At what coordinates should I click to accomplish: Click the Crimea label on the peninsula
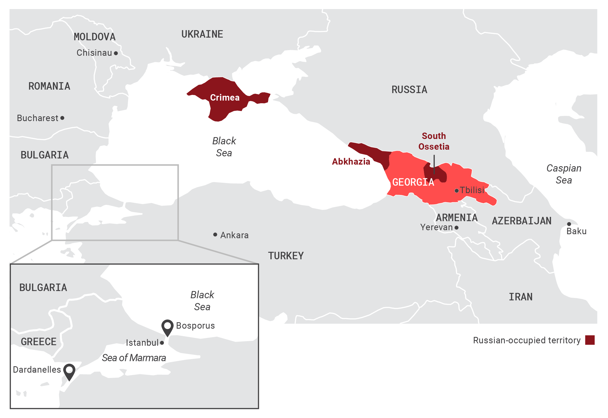(x=225, y=98)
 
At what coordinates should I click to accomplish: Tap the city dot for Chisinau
(x=116, y=53)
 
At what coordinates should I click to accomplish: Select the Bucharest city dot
(x=62, y=118)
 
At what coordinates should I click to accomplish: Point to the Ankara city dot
(x=215, y=234)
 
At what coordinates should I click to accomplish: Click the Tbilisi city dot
(x=457, y=190)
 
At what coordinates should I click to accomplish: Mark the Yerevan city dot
(x=457, y=228)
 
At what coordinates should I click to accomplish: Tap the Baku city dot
(x=569, y=224)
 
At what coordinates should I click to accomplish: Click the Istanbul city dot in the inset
(x=162, y=343)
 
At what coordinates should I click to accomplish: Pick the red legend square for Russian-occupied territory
(x=590, y=340)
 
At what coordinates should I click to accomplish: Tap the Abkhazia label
(x=351, y=161)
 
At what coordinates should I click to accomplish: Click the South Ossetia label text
(x=434, y=141)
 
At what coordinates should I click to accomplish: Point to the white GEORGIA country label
(x=413, y=182)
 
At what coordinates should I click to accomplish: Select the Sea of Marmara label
(x=134, y=358)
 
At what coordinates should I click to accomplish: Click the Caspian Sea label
(x=564, y=174)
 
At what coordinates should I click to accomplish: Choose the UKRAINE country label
(x=202, y=34)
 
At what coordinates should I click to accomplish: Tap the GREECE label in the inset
(x=39, y=341)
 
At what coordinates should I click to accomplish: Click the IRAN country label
(x=521, y=297)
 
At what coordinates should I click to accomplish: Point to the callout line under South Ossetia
(x=434, y=164)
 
